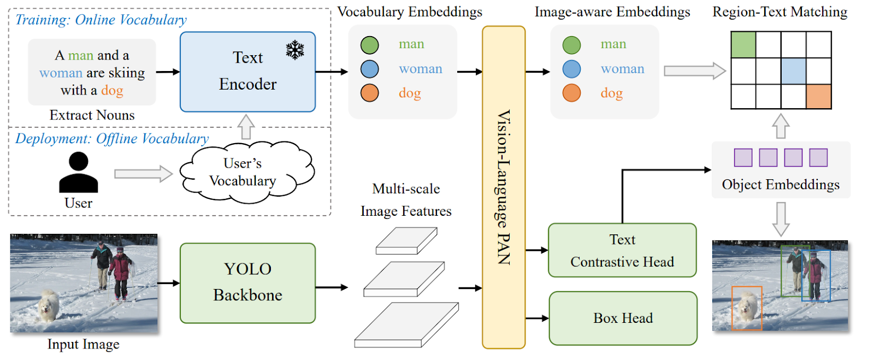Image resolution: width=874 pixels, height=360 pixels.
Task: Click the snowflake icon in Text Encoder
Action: [x=295, y=50]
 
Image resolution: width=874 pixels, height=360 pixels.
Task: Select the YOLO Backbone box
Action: [x=247, y=283]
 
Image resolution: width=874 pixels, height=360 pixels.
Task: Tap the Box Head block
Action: [x=623, y=318]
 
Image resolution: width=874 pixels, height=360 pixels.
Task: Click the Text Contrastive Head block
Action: [x=622, y=250]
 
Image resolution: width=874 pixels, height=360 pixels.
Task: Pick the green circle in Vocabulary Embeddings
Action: [x=370, y=45]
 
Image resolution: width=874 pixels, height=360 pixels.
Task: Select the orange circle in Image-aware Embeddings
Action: [x=572, y=93]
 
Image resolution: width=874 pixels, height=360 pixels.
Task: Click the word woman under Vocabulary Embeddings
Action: [x=420, y=69]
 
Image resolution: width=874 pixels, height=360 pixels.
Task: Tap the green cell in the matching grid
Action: [x=743, y=44]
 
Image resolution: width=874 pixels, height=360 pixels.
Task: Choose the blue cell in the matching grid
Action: [x=793, y=71]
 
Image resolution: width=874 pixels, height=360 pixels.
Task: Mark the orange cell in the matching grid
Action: [x=818, y=97]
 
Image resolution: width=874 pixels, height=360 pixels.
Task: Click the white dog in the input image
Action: [x=49, y=306]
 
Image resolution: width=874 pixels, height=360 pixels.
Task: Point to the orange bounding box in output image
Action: [x=746, y=308]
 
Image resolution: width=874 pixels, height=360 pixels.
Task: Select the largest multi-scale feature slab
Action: [x=406, y=326]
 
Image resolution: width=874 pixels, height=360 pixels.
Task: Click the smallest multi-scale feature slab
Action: [x=406, y=241]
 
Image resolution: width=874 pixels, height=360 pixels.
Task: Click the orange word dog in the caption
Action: [x=112, y=91]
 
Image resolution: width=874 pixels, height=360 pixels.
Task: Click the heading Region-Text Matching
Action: [x=779, y=12]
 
